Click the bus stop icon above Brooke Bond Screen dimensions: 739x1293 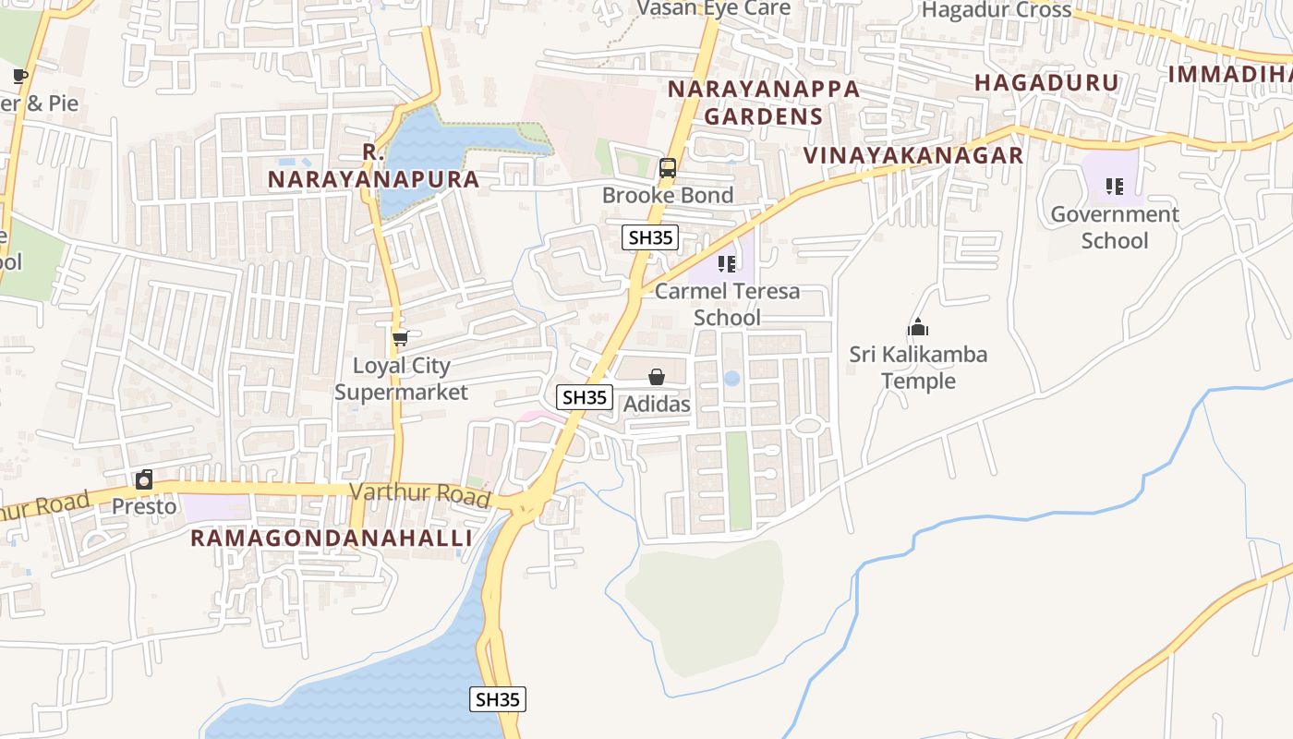[667, 168]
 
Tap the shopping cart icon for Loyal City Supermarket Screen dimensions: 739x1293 [400, 339]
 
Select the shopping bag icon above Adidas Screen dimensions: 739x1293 [656, 377]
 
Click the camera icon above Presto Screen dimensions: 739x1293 [144, 479]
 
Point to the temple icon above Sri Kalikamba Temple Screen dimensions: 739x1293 [918, 327]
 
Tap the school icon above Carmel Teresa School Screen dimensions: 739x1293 [727, 264]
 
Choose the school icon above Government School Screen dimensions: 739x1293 [1114, 187]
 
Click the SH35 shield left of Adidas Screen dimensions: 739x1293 [585, 397]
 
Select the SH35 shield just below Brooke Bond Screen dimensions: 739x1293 [650, 237]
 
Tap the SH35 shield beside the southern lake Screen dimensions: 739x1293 [498, 699]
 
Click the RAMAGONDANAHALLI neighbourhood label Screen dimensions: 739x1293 [332, 539]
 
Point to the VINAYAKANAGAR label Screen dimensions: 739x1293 [913, 155]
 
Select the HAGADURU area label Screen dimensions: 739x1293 [1046, 82]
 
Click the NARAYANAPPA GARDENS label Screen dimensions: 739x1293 [763, 103]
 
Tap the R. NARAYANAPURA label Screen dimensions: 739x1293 [374, 166]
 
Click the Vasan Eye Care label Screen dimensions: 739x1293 [714, 8]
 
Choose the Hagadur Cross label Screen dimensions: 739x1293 [997, 10]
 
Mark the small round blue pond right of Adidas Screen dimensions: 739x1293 [731, 378]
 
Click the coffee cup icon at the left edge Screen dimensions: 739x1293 [19, 76]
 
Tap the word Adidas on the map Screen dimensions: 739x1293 [657, 405]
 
